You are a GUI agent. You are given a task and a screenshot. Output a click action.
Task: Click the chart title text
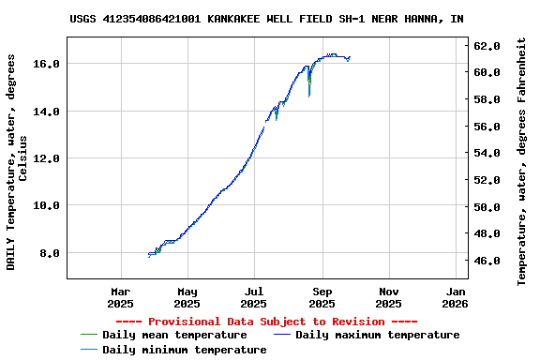coord(266,19)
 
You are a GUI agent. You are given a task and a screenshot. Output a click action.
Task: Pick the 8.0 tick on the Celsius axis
coord(50,253)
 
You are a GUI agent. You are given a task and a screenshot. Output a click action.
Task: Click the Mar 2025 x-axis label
coord(121,297)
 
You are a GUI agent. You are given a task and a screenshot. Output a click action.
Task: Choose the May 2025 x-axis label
coord(187,297)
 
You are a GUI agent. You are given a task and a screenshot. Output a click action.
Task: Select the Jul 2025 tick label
coord(254,297)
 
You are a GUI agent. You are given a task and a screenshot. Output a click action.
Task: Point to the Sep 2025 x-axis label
coord(322,297)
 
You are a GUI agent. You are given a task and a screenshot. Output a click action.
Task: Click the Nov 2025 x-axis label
coord(389,297)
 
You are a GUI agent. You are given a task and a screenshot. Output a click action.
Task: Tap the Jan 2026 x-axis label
coord(455,297)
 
